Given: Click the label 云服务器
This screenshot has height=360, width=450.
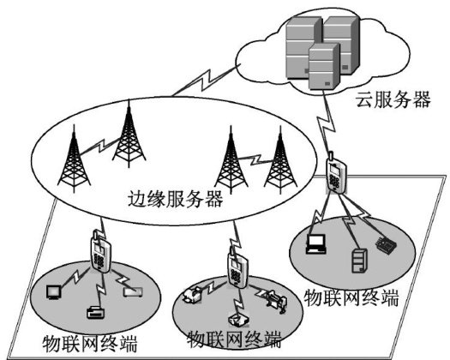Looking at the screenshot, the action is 393,99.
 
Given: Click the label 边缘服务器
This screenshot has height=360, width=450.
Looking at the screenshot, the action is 176,199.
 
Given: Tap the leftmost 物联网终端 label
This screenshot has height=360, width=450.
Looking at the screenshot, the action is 90,344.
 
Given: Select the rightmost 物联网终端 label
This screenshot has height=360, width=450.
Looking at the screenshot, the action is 351,297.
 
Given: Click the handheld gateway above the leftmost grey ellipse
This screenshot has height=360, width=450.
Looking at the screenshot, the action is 100,252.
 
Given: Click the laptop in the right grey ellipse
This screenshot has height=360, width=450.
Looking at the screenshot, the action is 316,244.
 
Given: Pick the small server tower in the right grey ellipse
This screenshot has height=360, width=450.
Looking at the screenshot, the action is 359,261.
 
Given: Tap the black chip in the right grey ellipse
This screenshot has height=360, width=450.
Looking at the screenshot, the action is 386,245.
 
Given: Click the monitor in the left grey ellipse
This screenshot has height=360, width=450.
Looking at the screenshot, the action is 53,292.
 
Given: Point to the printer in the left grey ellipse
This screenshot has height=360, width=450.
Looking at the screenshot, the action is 94,312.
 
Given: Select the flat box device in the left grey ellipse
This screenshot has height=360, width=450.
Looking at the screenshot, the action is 133,292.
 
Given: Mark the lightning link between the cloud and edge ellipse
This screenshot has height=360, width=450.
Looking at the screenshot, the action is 206,80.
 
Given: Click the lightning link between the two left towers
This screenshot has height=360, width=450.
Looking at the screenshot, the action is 100,146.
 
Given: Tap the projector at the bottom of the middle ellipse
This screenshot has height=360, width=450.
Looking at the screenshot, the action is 238,320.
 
